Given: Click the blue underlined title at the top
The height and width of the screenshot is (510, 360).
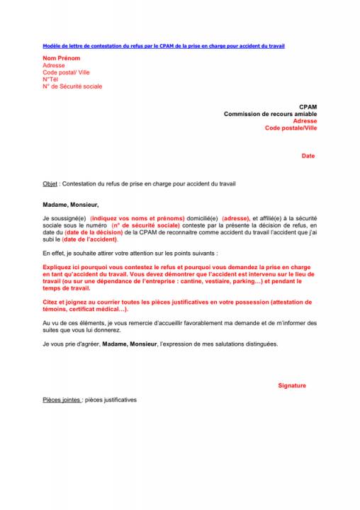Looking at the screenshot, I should coord(163,45).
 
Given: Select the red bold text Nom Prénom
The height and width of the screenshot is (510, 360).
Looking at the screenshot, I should coord(62,58).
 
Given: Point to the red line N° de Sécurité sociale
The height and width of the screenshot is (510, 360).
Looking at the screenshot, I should coord(72,86).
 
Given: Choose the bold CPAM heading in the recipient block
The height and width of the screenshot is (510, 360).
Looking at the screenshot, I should coord(308,107).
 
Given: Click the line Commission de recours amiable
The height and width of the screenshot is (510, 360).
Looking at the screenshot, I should coord(271,114).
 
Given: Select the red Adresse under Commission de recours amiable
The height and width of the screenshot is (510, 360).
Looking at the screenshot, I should coord(305,121).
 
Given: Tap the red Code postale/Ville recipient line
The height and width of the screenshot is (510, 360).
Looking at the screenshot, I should coord(291,128).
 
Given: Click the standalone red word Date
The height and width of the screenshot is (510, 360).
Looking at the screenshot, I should coord(308,156).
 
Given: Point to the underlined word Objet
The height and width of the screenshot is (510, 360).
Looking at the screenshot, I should coord(50,183).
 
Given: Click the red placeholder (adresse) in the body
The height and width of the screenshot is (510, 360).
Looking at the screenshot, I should coord(236,218).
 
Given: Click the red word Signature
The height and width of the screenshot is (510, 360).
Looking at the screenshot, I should coord(292,385).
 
